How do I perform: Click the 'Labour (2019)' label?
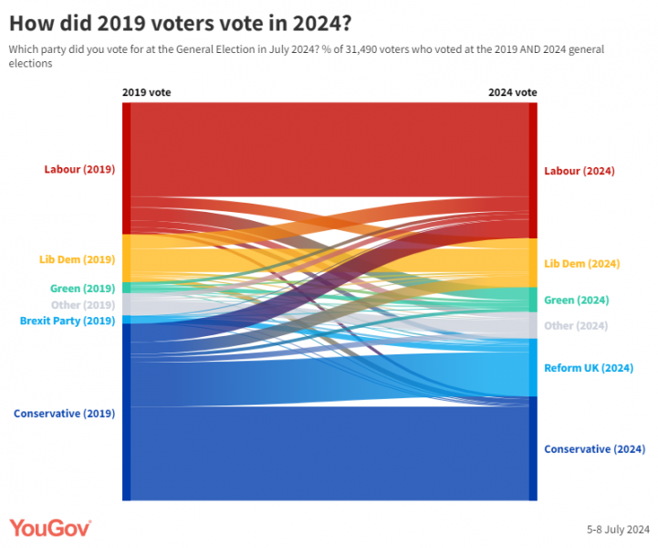click(x=79, y=169)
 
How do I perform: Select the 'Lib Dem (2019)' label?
click(x=77, y=259)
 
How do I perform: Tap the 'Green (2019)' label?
click(x=82, y=289)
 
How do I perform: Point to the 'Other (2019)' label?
click(x=83, y=305)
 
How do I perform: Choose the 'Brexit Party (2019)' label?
click(x=68, y=321)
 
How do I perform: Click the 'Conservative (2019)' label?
click(x=64, y=413)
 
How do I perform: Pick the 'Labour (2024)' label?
click(x=580, y=171)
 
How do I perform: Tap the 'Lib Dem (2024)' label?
click(x=582, y=263)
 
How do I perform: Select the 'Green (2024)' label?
click(x=576, y=300)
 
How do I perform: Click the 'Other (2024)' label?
click(x=576, y=326)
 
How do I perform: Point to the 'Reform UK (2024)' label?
click(x=589, y=368)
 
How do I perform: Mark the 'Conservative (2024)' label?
click(x=594, y=448)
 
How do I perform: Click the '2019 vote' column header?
click(x=146, y=92)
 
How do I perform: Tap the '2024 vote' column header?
click(x=512, y=92)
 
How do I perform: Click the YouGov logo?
click(x=50, y=528)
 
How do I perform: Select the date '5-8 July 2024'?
click(x=618, y=529)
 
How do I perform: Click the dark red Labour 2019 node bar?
click(x=127, y=168)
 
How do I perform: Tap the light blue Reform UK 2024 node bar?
click(x=533, y=368)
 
